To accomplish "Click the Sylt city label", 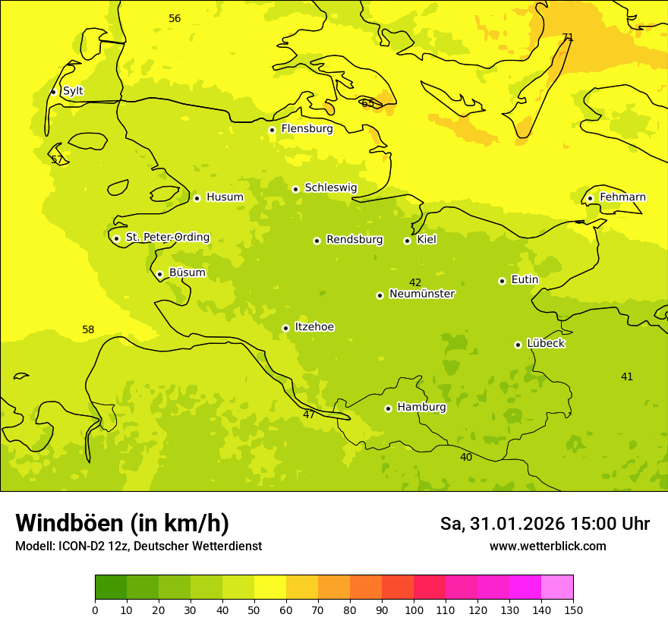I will coord(73,91).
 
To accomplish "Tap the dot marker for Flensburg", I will coord(272,130).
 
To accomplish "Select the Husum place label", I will coord(225,197).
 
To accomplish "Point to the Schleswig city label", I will coord(330,187).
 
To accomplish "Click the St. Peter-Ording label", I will coord(168,238).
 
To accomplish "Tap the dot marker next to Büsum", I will coord(159,274).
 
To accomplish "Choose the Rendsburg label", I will coord(354,240).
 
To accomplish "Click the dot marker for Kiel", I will coord(407,241).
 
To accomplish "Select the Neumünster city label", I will coord(422,294).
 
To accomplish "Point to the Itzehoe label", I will coord(314,327).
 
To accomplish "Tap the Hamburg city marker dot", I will coord(388,408).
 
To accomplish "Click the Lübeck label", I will coord(546,343).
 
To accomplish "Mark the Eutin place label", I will coord(525,280).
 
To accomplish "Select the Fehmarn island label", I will coord(622,197).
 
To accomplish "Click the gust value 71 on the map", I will coord(568,37).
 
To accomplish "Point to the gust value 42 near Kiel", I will coord(415,283).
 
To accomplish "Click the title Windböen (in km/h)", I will coord(122,523).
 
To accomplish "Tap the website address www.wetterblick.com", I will coord(547,547).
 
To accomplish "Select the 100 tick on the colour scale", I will coord(414,610).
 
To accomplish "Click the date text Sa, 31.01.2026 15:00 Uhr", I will coord(544,524).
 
